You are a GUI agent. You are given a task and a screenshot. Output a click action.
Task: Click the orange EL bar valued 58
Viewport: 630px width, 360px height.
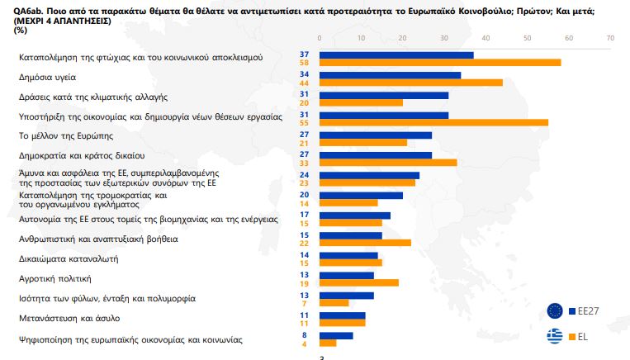click(x=439, y=62)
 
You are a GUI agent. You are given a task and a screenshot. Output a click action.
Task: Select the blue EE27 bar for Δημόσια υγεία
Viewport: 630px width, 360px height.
click(x=390, y=75)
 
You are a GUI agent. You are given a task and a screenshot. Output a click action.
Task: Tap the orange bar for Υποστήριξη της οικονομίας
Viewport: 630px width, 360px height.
click(x=433, y=122)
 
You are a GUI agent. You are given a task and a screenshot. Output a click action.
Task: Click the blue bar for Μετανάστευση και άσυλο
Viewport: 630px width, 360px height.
click(x=342, y=315)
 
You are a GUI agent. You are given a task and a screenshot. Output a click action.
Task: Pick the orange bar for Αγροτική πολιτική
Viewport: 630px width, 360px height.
click(x=358, y=282)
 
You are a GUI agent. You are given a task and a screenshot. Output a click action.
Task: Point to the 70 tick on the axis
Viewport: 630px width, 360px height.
click(x=610, y=38)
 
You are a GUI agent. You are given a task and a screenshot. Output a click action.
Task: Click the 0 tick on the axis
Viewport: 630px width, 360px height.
click(x=320, y=38)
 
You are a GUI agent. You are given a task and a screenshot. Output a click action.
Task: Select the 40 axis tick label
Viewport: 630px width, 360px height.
click(x=486, y=38)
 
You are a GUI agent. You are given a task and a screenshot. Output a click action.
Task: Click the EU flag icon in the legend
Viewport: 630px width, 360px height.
click(x=556, y=310)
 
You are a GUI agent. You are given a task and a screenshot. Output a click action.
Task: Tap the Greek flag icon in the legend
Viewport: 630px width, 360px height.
click(x=556, y=336)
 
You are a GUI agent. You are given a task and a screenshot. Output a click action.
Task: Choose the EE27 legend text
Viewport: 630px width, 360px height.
click(x=589, y=311)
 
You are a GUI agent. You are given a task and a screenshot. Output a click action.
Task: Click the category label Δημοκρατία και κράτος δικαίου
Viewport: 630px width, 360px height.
click(x=82, y=154)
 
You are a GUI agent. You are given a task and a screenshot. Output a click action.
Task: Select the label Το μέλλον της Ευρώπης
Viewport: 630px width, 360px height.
click(x=65, y=135)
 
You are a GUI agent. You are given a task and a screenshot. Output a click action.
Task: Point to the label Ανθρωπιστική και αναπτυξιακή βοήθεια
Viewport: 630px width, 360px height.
click(x=98, y=239)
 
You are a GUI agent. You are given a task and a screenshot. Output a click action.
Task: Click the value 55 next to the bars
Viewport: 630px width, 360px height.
click(x=305, y=122)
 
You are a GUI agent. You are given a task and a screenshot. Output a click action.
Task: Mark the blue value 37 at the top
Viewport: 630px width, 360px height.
click(x=305, y=54)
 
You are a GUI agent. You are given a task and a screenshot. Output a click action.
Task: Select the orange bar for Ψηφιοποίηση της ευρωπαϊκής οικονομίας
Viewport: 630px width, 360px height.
click(x=328, y=342)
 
